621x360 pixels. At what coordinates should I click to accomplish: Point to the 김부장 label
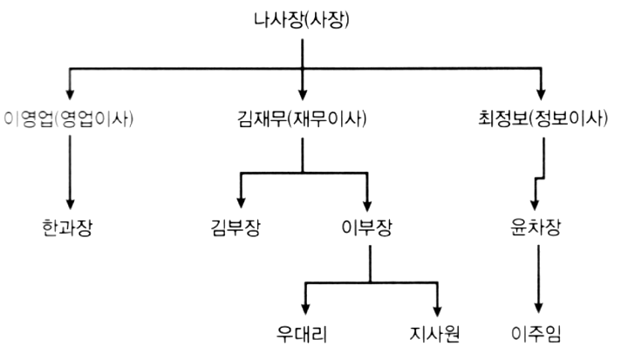(x=235, y=230)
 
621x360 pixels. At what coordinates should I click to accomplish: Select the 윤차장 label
(x=536, y=230)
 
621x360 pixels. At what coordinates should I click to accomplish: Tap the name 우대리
(x=304, y=332)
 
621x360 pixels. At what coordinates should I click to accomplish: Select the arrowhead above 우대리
(x=304, y=308)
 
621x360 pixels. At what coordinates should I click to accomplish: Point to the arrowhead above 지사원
(x=436, y=308)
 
